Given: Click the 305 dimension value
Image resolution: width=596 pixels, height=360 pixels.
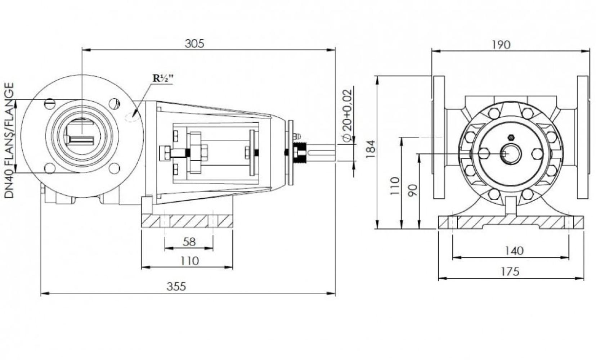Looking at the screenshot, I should (194, 44).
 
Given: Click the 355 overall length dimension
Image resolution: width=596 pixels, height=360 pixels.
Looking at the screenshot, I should (176, 287).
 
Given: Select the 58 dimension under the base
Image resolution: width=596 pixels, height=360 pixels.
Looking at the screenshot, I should (189, 242).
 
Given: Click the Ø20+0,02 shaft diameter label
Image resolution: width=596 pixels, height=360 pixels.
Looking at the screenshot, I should (346, 116).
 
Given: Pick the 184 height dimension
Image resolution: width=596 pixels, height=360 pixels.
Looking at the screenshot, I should (371, 149).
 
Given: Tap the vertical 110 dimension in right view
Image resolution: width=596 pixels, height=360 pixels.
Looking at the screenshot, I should (395, 186).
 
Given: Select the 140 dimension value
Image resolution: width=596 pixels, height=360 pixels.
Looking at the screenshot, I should (514, 251).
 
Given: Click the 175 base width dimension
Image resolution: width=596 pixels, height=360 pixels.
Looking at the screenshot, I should (510, 271).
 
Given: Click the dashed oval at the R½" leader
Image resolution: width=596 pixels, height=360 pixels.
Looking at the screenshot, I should (131, 117).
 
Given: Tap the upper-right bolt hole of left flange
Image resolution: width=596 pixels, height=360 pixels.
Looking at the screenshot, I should (114, 103).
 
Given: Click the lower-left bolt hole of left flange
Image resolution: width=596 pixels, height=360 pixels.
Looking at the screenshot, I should (50, 168).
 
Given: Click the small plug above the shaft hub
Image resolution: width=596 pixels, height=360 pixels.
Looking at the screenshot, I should (510, 138).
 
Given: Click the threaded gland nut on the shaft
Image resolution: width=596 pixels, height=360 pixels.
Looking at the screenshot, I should (299, 153).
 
